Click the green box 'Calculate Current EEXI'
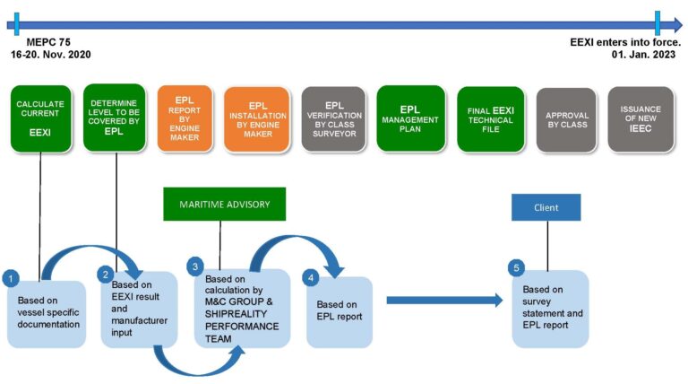40,118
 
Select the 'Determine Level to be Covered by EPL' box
114,118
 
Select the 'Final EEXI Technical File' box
490,118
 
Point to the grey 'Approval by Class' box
566,119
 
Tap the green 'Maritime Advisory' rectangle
224,204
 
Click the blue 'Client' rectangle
546,207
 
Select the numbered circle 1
11,278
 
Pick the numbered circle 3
196,267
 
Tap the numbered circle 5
514,267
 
